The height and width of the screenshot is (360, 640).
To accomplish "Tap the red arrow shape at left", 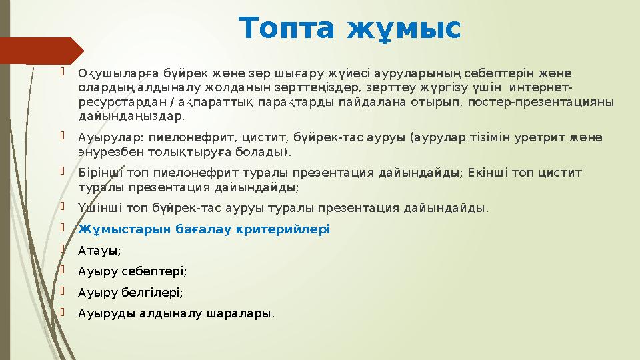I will [x=40, y=51].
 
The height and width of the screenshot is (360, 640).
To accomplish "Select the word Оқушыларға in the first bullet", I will [x=111, y=73].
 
